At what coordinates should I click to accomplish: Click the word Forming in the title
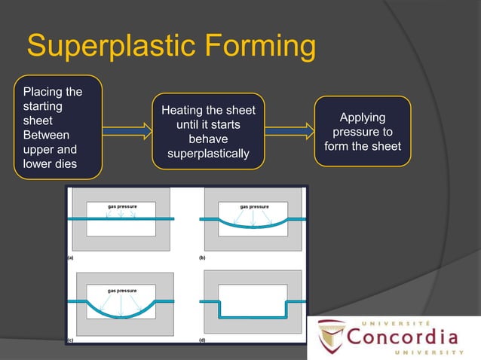(x=261, y=47)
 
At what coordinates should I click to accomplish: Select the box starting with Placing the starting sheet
(x=58, y=127)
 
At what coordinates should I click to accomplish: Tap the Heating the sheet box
(x=208, y=132)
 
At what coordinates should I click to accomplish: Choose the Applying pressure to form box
(x=363, y=131)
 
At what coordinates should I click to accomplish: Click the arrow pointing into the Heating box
(x=127, y=132)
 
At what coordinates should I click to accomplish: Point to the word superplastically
(x=208, y=154)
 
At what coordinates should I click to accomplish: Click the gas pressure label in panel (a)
(x=121, y=206)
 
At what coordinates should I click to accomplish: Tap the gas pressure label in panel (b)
(x=254, y=206)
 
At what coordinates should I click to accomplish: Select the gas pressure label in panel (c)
(x=121, y=289)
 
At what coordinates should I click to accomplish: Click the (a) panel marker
(x=70, y=257)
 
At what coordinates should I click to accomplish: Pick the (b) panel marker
(x=202, y=257)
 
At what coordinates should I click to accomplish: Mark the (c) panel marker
(x=70, y=340)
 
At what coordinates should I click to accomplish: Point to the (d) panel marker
(x=202, y=340)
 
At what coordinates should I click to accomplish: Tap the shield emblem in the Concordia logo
(x=332, y=337)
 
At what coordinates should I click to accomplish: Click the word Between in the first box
(x=46, y=136)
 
